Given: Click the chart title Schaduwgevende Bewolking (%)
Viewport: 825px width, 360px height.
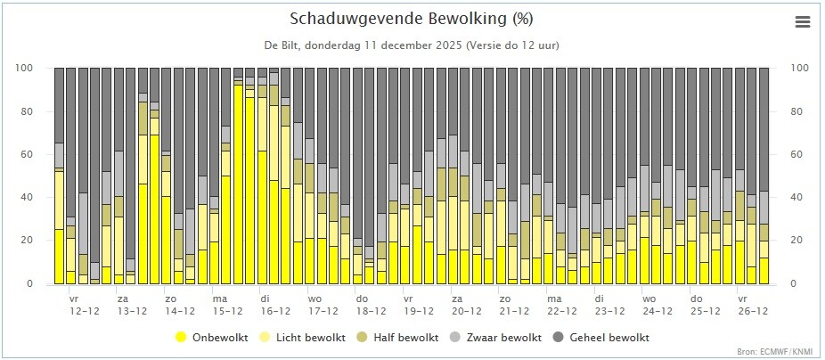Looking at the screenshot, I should (x=412, y=19).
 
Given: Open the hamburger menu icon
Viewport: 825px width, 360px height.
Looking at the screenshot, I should (x=803, y=22).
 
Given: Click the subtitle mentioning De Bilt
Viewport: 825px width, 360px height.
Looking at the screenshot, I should (x=412, y=45).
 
